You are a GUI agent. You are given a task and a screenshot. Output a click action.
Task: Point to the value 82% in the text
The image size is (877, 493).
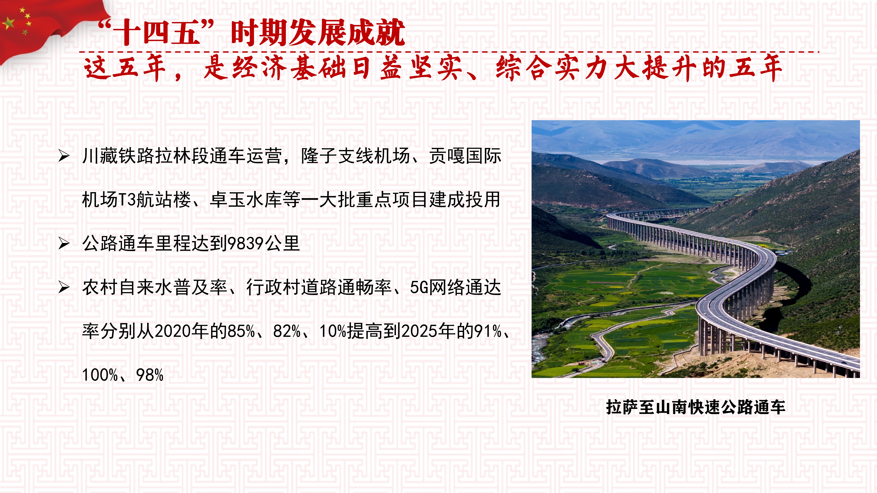tap(287, 331)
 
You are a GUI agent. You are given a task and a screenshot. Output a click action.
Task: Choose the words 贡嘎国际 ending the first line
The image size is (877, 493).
tap(465, 156)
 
